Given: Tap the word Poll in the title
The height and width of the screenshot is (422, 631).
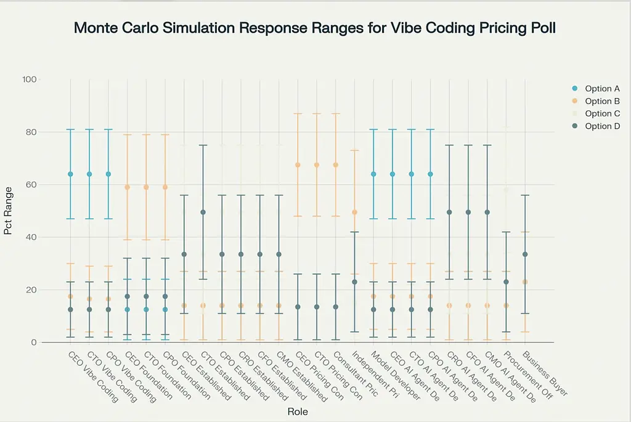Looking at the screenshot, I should click(x=542, y=28).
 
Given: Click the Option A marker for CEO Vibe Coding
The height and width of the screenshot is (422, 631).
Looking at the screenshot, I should click(x=70, y=174).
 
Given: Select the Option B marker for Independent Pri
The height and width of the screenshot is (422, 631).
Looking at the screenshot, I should click(x=354, y=212).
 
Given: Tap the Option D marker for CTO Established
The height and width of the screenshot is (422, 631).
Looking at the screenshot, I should click(x=203, y=212).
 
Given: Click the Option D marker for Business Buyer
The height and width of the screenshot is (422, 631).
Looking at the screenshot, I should click(x=525, y=254).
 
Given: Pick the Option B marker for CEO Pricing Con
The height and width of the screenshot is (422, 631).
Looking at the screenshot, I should click(x=298, y=164).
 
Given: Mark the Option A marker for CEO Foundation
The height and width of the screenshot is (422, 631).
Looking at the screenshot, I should click(x=127, y=309).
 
